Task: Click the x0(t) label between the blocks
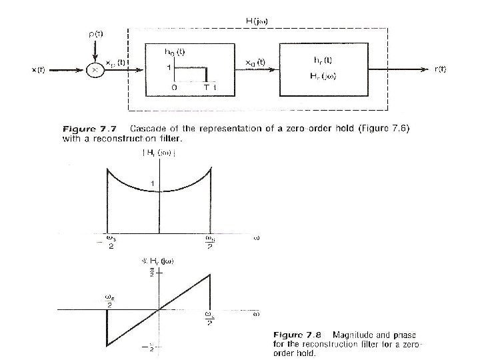click(255, 62)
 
